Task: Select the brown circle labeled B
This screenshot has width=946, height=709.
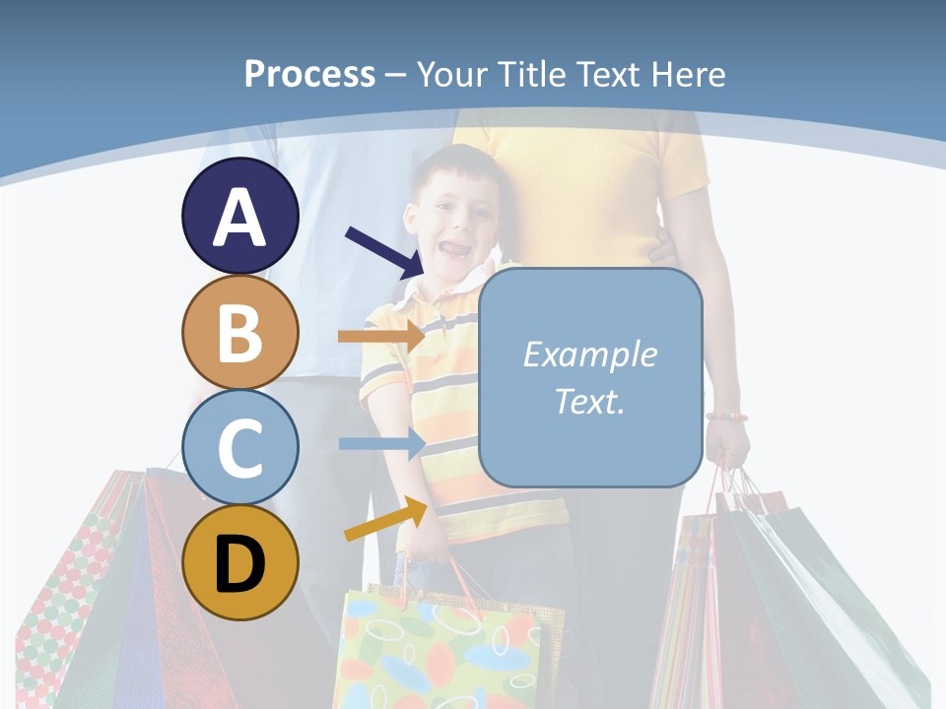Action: coord(240,332)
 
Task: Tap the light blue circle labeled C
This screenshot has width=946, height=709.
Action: coord(240,447)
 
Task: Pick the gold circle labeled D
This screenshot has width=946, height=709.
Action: coord(240,562)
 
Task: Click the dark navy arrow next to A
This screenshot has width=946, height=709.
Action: coord(384,252)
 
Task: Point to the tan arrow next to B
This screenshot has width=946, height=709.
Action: coord(380,337)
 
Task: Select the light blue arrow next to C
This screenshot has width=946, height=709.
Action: coord(380,443)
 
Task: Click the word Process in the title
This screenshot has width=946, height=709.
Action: coord(309,74)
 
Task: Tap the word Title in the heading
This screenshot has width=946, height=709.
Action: coord(533,74)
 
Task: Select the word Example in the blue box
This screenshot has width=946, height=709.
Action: coord(589,354)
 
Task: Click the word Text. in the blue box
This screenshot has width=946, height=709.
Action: coord(589,401)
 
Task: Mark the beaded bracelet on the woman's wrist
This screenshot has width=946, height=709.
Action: coord(726,417)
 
